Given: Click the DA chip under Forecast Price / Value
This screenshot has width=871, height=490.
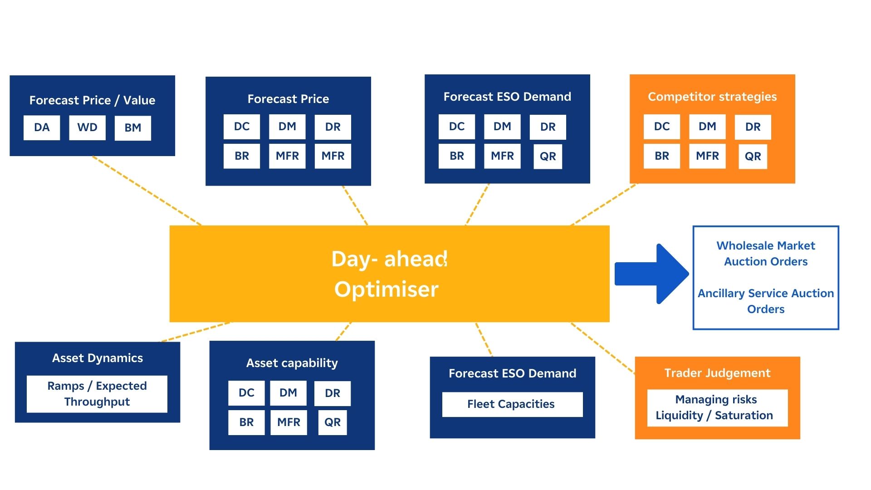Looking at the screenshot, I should point(42,127).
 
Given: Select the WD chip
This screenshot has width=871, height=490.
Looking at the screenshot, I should point(87,127).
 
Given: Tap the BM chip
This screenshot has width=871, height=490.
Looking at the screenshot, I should point(132,128).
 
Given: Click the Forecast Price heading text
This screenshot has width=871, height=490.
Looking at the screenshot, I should point(288,99).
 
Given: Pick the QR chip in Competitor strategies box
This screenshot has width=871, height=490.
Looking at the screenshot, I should point(753,157).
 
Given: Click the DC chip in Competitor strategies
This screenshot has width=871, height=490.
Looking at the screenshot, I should point(661,127).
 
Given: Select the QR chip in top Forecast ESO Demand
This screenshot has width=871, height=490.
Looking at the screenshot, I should point(548,157).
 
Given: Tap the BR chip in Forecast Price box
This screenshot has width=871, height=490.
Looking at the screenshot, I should point(241,156).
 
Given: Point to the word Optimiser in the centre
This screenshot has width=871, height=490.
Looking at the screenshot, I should point(386,289).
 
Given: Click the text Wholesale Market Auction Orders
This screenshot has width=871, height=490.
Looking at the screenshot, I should point(765,254).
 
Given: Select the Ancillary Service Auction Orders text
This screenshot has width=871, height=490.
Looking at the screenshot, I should point(765,301).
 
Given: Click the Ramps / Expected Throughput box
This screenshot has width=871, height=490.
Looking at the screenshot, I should point(97,394).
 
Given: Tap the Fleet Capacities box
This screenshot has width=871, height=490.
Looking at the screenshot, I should point(512,404).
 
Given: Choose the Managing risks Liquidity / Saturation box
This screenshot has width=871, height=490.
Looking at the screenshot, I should point(717,407).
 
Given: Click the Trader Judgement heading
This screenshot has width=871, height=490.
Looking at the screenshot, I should point(717,373).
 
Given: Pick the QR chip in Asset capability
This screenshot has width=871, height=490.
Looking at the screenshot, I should point(332,422).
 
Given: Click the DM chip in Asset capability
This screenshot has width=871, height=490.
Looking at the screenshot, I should point(288,393).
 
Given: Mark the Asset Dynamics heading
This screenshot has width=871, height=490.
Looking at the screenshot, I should point(97,358).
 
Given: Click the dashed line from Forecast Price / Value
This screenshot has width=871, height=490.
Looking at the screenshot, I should point(146,190).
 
